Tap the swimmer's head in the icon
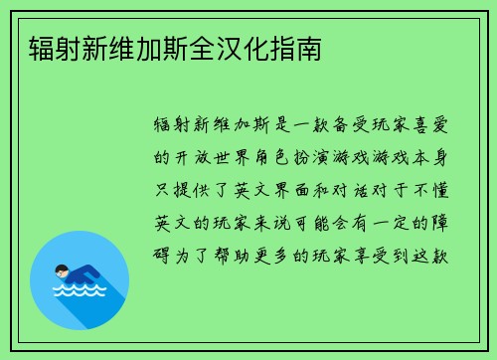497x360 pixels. click(x=62, y=269)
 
